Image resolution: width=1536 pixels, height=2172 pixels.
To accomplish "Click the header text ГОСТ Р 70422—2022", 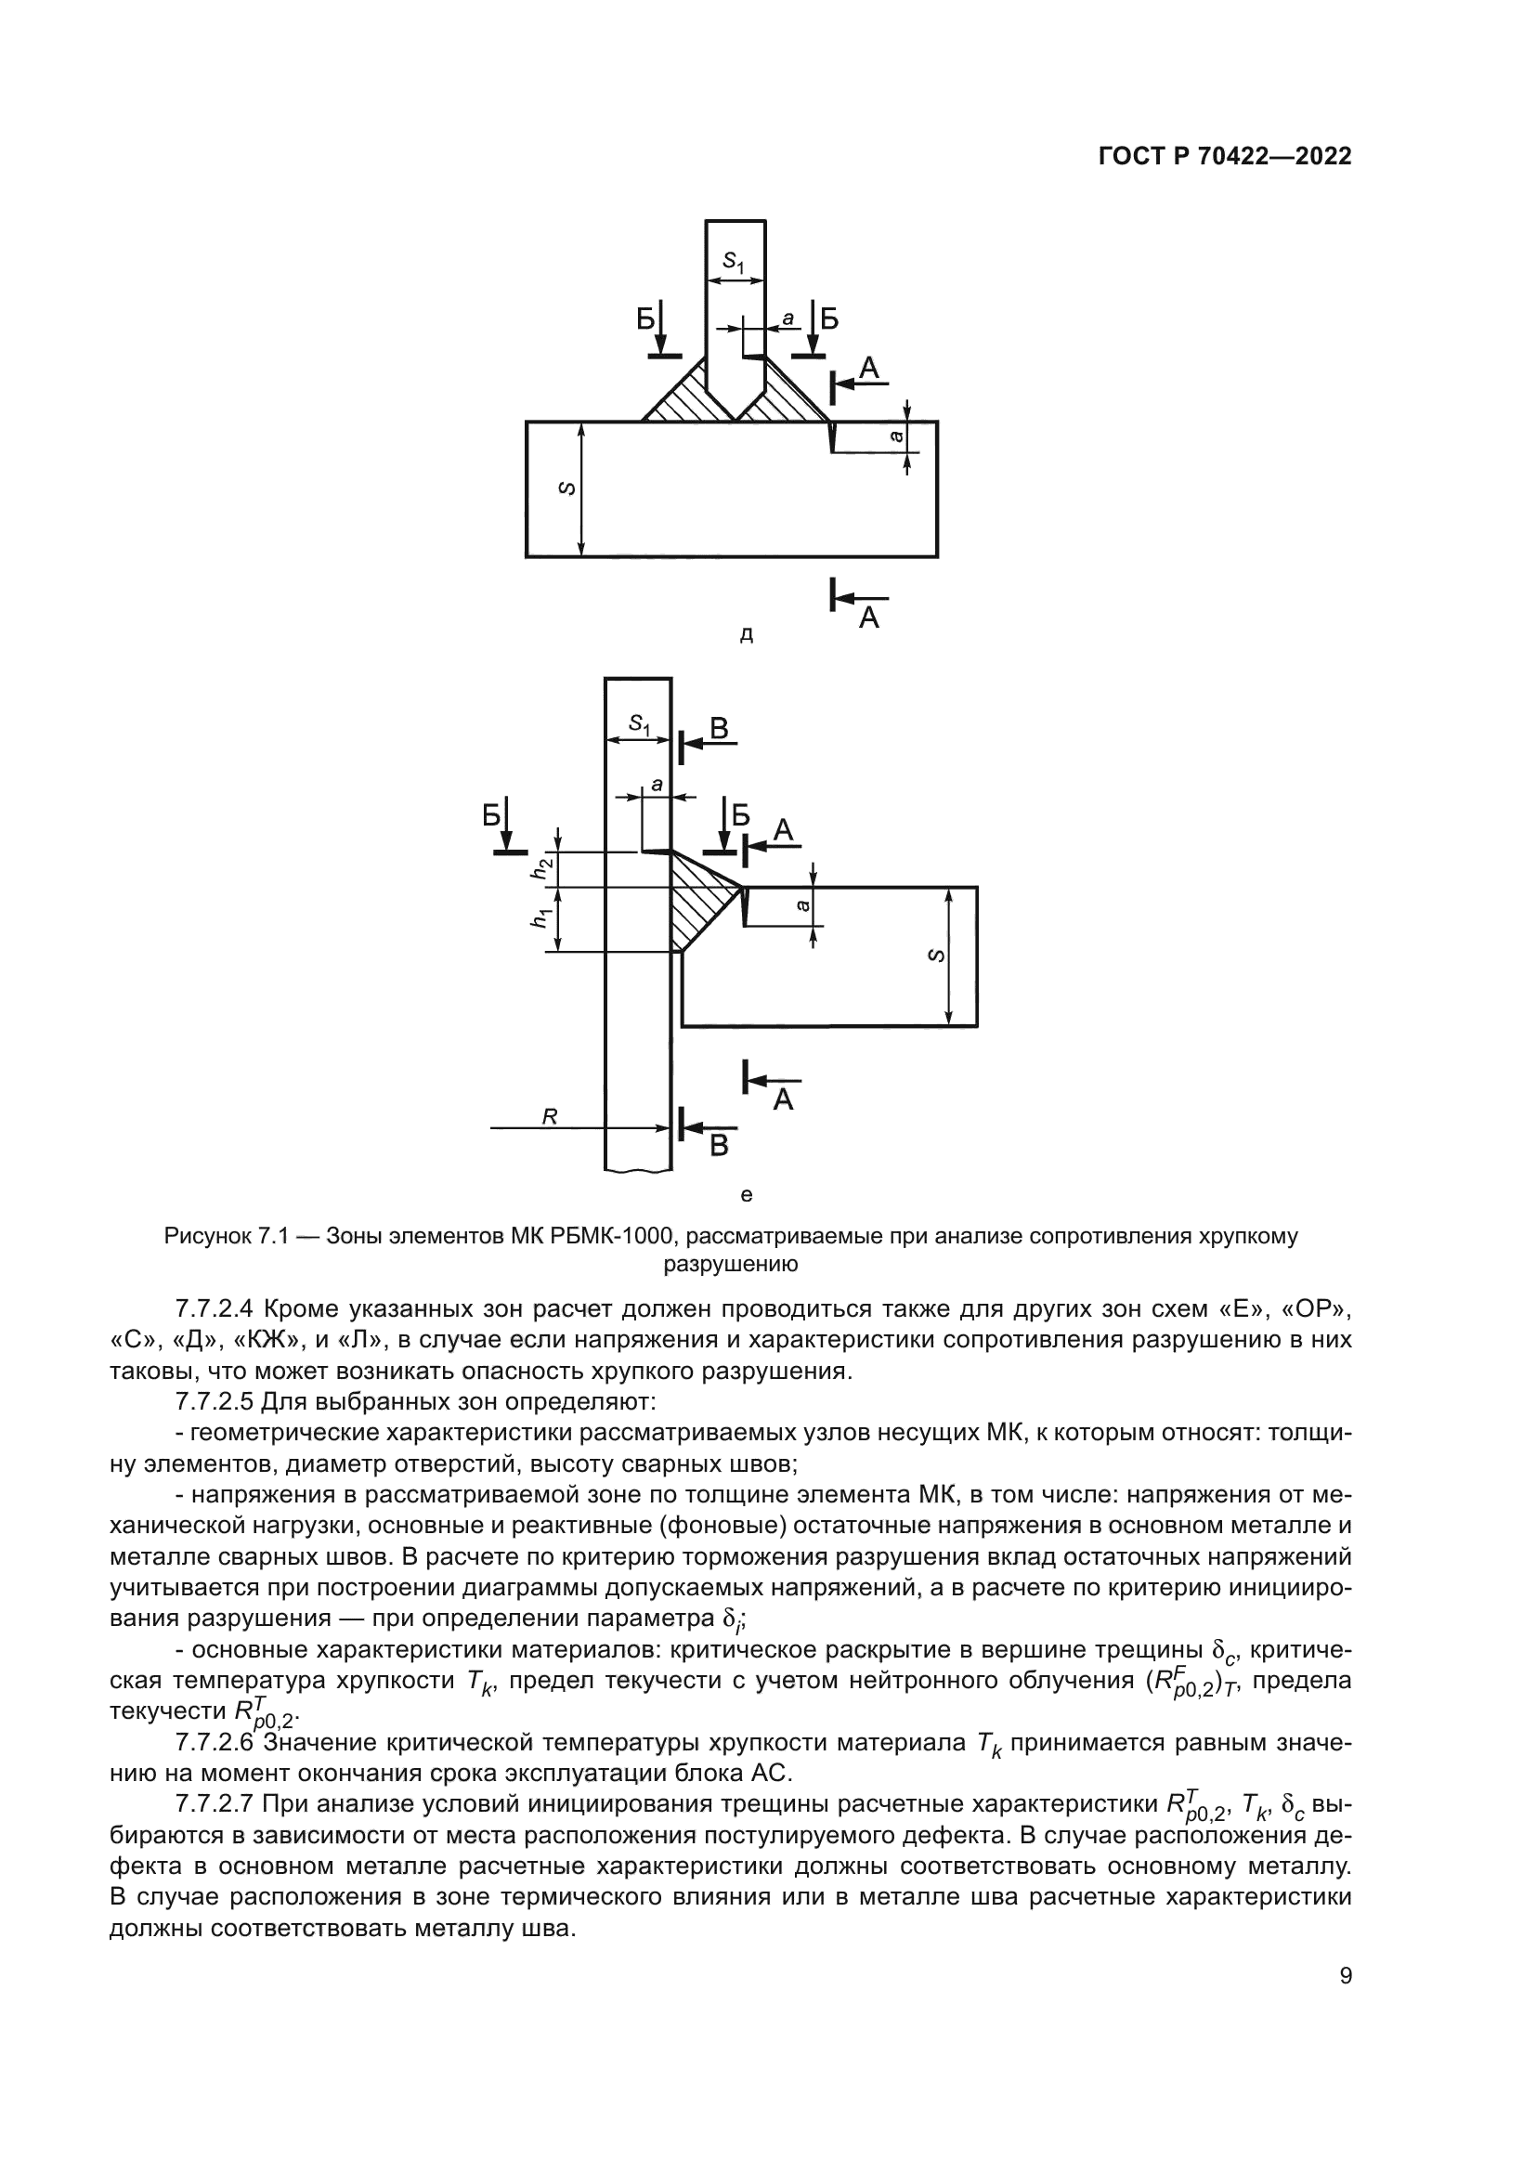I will point(1224,157).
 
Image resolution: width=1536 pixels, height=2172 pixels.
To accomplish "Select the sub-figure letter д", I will point(746,636).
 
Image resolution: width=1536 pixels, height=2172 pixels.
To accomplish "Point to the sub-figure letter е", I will point(746,1195).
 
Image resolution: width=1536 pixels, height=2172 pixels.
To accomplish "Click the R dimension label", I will point(550,1117).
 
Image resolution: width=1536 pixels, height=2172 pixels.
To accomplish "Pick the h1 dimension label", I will point(541,917).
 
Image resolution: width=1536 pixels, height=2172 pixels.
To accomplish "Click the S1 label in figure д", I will point(734,262).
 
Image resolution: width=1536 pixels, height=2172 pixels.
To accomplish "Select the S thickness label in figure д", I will point(566,488).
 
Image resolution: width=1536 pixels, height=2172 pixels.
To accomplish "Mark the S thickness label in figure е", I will point(935,956).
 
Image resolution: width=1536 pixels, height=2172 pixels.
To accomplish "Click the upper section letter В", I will point(719,728).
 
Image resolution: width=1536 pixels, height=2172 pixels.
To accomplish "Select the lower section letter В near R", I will point(719,1146).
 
